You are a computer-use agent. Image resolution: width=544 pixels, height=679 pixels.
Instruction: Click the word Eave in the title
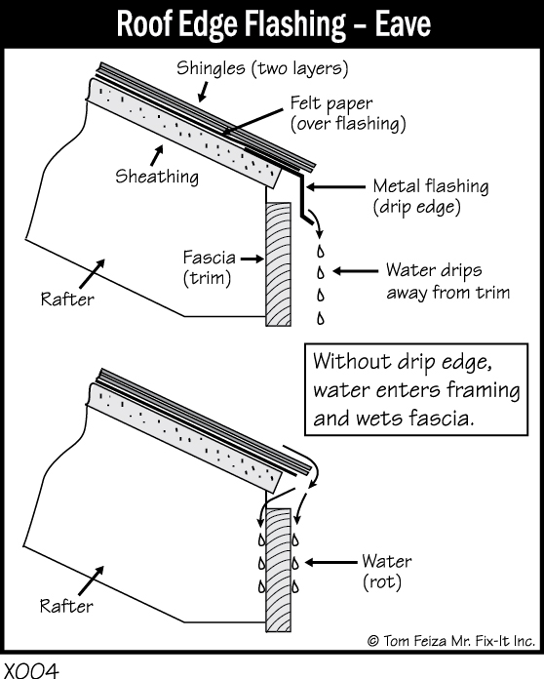pyautogui.click(x=403, y=23)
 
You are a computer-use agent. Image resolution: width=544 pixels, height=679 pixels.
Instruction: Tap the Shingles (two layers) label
pyautogui.click(x=262, y=68)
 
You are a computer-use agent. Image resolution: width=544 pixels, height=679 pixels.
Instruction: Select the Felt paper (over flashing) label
pyautogui.click(x=348, y=113)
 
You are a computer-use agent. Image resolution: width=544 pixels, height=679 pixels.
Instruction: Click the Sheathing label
pyautogui.click(x=157, y=177)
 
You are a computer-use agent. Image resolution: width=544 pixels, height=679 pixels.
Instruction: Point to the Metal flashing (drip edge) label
pyautogui.click(x=431, y=197)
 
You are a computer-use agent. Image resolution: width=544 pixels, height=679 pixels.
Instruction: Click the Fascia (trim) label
pyautogui.click(x=209, y=267)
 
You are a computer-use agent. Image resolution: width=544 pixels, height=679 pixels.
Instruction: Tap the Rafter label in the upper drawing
pyautogui.click(x=67, y=300)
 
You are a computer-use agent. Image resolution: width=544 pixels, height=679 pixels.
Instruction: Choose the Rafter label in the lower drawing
pyautogui.click(x=66, y=606)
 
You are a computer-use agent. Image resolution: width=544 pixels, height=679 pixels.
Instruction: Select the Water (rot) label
pyautogui.click(x=387, y=572)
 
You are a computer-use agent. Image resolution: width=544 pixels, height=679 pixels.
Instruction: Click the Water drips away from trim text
pyautogui.click(x=447, y=281)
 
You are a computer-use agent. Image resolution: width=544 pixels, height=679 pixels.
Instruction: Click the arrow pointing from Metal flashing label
pyautogui.click(x=335, y=187)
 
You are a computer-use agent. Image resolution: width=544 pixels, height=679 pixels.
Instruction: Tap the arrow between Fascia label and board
pyautogui.click(x=252, y=259)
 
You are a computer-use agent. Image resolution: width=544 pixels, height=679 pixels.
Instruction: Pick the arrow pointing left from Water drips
pyautogui.click(x=355, y=271)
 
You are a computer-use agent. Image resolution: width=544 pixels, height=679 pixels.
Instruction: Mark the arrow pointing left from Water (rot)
pyautogui.click(x=330, y=563)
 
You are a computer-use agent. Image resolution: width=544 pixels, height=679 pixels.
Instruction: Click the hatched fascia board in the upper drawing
pyautogui.click(x=278, y=264)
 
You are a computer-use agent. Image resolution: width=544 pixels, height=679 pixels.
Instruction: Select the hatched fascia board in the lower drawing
pyautogui.click(x=278, y=570)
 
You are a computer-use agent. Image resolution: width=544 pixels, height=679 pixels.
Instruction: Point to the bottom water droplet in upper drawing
pyautogui.click(x=320, y=318)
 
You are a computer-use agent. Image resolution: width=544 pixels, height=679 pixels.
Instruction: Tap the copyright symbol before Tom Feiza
pyautogui.click(x=373, y=640)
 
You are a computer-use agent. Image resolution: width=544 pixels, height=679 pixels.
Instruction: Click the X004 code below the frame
pyautogui.click(x=31, y=671)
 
